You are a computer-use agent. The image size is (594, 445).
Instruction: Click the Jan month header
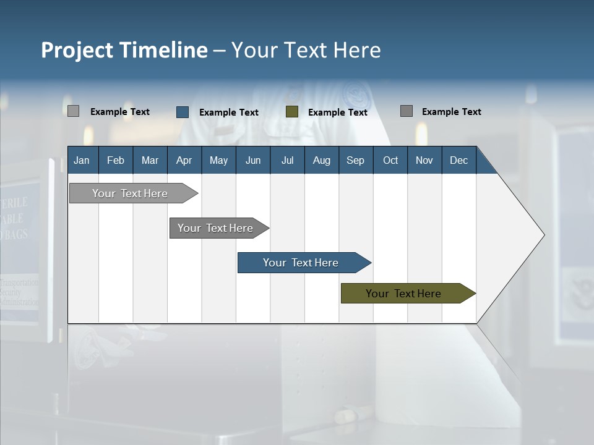tap(82, 160)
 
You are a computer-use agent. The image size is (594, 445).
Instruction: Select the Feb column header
tap(116, 160)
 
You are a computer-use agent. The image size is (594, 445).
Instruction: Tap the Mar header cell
tap(150, 160)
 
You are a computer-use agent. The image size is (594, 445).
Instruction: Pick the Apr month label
tap(184, 160)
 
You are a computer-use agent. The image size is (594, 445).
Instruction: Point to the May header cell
tap(218, 160)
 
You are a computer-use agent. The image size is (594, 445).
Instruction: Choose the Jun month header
tap(253, 160)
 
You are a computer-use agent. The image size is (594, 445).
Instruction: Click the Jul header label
tap(287, 160)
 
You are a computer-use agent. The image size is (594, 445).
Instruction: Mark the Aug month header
tap(321, 160)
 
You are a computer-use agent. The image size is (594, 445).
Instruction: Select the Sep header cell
tap(355, 160)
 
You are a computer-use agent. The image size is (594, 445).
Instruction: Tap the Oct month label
tap(390, 160)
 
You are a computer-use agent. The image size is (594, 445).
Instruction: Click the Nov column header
tap(424, 160)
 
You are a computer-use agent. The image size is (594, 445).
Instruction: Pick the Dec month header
tap(458, 160)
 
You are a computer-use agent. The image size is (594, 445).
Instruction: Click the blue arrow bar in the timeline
tap(301, 263)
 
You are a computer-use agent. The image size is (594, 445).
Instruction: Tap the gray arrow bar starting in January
tap(131, 193)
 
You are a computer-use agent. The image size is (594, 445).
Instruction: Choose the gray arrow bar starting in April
tap(216, 228)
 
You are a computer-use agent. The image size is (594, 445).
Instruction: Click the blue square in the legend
tap(183, 112)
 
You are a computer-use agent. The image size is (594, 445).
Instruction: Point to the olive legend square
tap(292, 112)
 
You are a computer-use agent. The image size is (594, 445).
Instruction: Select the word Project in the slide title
tap(77, 50)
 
